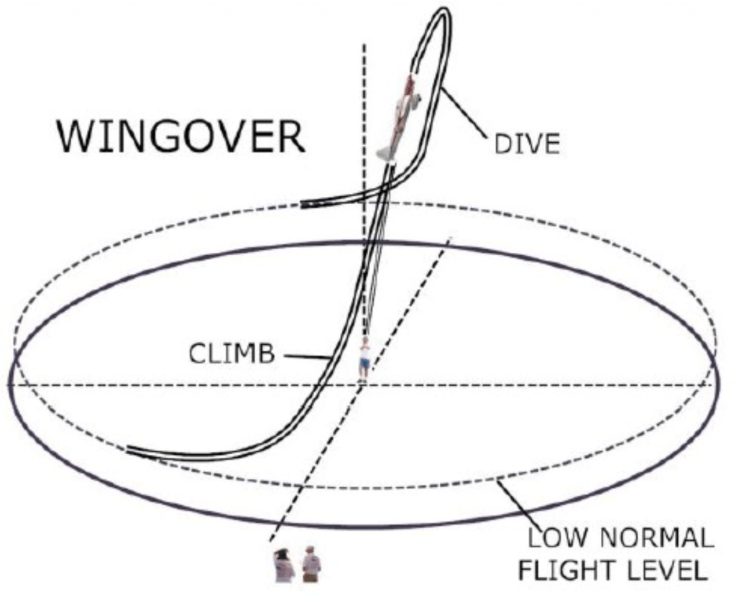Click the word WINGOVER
click(181, 136)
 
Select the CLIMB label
click(232, 354)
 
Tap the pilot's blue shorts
click(365, 364)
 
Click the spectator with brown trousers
click(311, 565)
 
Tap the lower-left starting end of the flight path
click(130, 451)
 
